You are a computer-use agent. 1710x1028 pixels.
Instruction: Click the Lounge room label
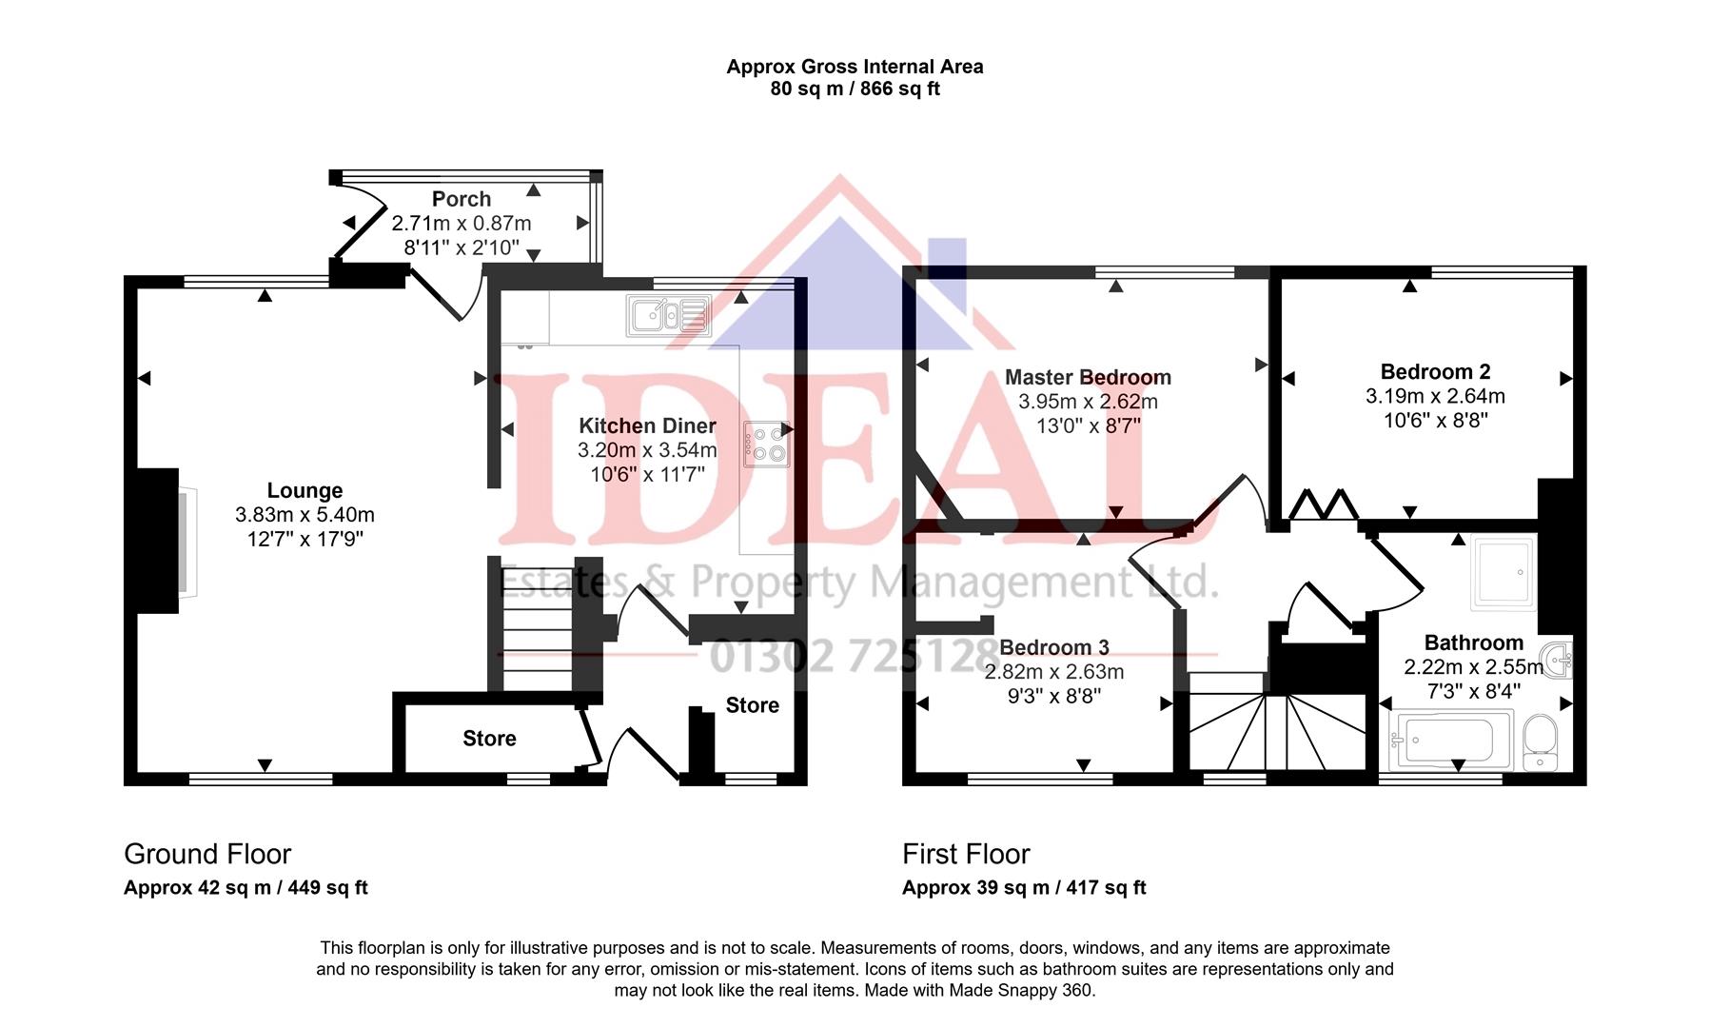tap(305, 490)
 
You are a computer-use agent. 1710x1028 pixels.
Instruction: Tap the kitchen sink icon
tap(668, 315)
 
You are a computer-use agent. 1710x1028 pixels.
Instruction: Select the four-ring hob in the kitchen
tap(766, 444)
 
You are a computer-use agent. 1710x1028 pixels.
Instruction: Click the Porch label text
tap(462, 199)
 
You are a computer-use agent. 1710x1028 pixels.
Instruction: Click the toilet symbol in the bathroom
tap(1539, 741)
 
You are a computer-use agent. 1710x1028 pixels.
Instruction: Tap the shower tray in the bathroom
tap(1503, 573)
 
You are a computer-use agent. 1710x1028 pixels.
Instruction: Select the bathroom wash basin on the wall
tap(1557, 660)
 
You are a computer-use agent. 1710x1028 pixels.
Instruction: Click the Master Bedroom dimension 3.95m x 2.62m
tap(1088, 402)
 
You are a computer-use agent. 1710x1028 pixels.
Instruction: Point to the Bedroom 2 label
tap(1435, 371)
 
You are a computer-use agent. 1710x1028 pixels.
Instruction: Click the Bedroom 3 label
tap(1053, 647)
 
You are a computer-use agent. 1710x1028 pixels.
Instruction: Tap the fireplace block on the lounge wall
tap(158, 540)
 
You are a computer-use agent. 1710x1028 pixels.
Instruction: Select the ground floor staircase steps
tap(536, 633)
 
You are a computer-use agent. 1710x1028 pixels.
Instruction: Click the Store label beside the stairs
tap(489, 739)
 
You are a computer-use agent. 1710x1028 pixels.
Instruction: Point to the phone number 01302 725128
tap(852, 656)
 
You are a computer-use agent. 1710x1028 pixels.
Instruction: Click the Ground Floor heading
tap(207, 854)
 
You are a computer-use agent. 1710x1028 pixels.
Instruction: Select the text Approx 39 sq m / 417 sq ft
tap(1024, 888)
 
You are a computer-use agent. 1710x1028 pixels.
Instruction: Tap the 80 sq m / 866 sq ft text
tap(855, 89)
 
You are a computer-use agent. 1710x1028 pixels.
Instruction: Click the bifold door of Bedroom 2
tap(1323, 504)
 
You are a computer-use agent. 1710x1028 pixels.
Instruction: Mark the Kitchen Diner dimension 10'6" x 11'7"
tap(647, 474)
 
